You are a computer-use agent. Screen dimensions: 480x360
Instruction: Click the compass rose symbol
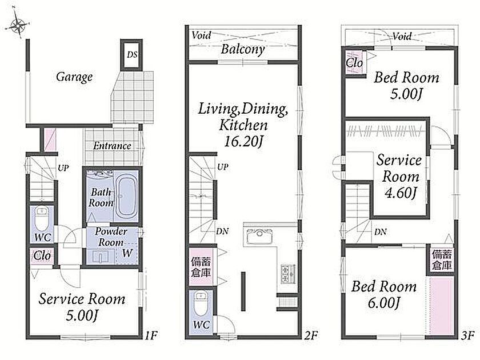18,25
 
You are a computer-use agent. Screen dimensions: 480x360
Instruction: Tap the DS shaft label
132,55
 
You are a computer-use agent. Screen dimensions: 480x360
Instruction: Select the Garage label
74,77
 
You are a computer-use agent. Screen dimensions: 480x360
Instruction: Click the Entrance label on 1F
112,146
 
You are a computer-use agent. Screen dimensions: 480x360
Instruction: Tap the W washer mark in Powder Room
127,253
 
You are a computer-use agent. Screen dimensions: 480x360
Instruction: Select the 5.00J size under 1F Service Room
82,315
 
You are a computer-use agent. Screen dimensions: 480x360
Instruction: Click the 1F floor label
151,335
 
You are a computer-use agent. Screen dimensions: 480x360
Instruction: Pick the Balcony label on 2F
243,49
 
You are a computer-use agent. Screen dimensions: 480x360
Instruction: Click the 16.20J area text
243,142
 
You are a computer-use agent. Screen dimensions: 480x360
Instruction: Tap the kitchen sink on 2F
259,235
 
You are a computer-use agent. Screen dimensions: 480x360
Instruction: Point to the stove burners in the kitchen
287,273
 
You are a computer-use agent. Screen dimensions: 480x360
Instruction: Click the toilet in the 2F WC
201,303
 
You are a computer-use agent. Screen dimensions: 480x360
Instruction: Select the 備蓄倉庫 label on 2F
201,267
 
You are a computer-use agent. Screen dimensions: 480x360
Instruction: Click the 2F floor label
310,335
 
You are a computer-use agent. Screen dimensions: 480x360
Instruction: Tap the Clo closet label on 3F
354,63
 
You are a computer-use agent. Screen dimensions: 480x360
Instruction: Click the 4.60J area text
401,193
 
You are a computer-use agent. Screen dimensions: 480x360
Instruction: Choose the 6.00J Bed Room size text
384,303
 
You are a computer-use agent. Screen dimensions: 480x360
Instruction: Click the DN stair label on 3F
380,232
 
